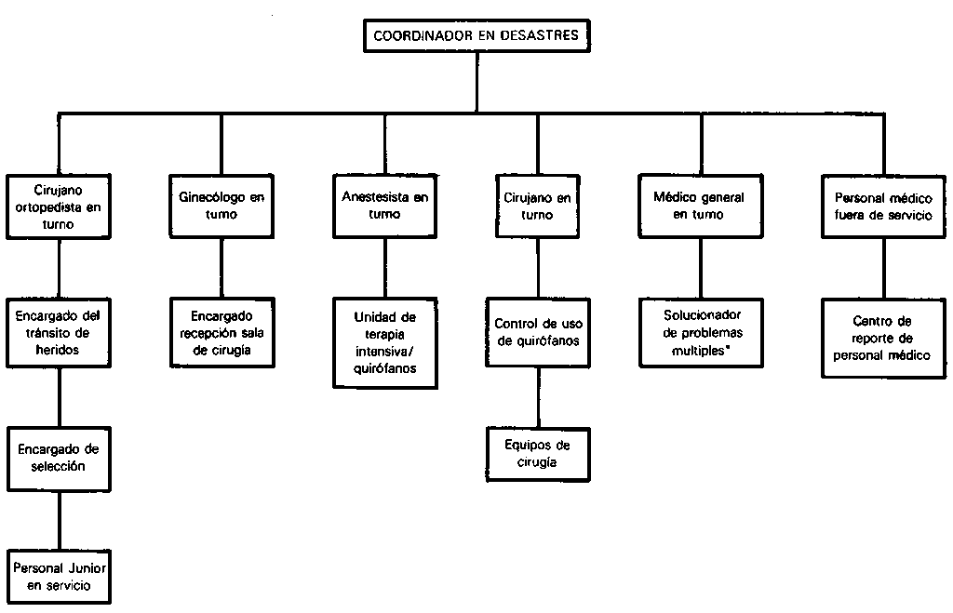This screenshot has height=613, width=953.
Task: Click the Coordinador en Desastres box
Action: (x=476, y=36)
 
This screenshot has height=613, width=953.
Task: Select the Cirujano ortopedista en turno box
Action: (x=59, y=207)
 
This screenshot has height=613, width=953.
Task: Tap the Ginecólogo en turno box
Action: (x=221, y=206)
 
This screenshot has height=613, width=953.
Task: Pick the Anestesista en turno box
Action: (x=384, y=206)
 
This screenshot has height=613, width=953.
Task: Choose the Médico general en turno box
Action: (x=701, y=206)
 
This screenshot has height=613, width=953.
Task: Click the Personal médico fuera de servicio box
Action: (x=884, y=206)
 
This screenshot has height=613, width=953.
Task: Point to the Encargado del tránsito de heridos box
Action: (x=59, y=333)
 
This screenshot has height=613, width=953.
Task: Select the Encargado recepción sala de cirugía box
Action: (x=221, y=333)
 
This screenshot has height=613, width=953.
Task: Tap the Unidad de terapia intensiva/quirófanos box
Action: (x=385, y=342)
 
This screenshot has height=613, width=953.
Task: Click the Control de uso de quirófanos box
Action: (x=538, y=332)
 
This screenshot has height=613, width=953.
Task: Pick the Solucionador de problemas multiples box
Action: (x=702, y=333)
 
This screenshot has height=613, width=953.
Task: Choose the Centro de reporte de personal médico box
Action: (x=884, y=338)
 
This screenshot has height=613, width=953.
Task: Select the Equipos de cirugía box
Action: (x=539, y=455)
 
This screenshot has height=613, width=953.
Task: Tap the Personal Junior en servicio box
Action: (x=59, y=577)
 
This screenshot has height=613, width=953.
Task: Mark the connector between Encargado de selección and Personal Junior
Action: (x=60, y=521)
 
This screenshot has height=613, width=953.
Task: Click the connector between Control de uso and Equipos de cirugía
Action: (x=538, y=398)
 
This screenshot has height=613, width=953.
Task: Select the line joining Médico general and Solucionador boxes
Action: (x=701, y=269)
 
